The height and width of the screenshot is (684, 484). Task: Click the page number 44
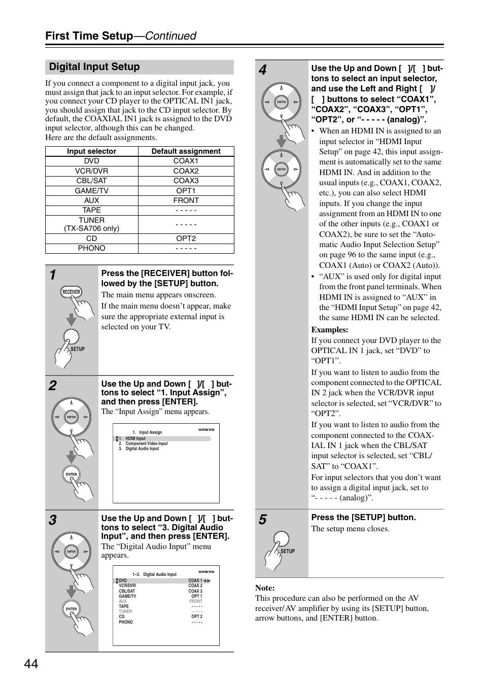(x=30, y=664)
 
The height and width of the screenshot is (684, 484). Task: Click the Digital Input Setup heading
(x=94, y=67)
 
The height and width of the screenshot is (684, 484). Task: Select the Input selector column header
(x=91, y=151)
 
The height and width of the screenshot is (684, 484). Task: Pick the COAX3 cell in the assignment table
(x=186, y=181)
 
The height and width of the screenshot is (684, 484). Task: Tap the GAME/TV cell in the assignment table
(x=91, y=191)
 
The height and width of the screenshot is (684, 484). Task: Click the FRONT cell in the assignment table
(x=186, y=200)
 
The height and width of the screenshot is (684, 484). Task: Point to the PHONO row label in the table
(x=91, y=248)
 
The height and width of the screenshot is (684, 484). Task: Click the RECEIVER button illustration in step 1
(x=71, y=292)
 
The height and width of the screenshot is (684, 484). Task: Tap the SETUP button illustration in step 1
(x=71, y=338)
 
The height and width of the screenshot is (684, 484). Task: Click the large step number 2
(x=53, y=386)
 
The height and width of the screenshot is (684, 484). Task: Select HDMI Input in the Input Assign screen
(x=135, y=438)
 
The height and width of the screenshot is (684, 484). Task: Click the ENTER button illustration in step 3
(x=72, y=609)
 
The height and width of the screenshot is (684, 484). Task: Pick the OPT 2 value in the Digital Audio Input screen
(x=196, y=617)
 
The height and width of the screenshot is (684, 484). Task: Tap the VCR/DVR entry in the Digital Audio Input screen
(x=127, y=586)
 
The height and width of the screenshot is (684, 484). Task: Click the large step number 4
(x=262, y=70)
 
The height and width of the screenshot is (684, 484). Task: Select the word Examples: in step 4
(x=329, y=330)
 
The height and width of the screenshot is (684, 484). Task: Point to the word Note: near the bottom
(x=265, y=588)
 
